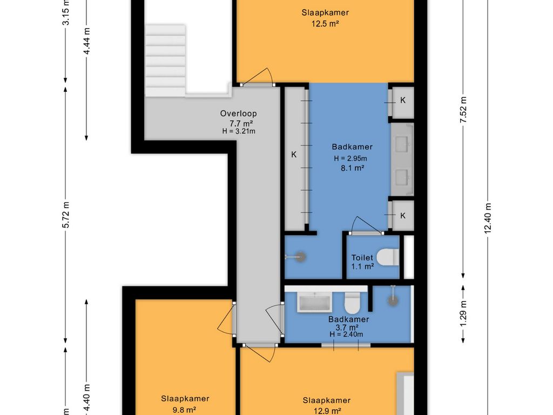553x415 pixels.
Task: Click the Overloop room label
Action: [238, 113]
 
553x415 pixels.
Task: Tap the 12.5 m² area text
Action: [325, 24]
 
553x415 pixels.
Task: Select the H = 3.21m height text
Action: [238, 131]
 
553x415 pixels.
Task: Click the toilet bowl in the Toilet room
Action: [388, 257]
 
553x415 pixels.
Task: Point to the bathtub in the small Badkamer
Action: [315, 302]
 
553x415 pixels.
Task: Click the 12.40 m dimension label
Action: [488, 218]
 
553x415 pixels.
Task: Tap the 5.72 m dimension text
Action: [65, 215]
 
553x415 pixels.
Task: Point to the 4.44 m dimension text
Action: [86, 41]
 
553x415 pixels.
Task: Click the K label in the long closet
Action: [294, 155]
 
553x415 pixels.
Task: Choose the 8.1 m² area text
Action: [352, 169]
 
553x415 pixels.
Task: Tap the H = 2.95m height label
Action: [350, 158]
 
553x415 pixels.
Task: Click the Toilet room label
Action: [362, 258]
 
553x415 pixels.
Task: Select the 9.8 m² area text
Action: [185, 410]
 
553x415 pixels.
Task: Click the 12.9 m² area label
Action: [327, 411]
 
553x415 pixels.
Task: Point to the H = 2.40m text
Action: [346, 334]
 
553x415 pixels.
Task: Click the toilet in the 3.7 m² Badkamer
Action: [352, 303]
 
